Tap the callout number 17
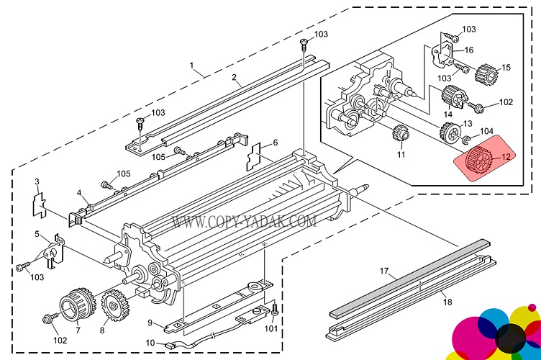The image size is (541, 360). pos(384,272)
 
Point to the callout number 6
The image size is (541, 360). pos(274,143)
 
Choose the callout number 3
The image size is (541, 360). pos(37,180)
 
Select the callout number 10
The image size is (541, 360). pos(150,343)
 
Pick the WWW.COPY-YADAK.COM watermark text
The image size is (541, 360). pos(245,222)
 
